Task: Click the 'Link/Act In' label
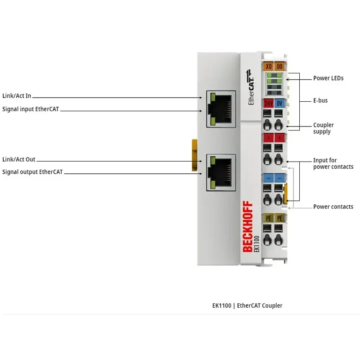pyautogui.click(x=17, y=96)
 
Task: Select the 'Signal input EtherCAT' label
pyautogui.click(x=31, y=109)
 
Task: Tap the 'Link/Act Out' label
pyautogui.click(x=18, y=159)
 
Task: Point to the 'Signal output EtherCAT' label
pyautogui.click(x=32, y=172)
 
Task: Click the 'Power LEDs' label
pyautogui.click(x=328, y=78)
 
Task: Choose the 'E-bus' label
pyautogui.click(x=320, y=100)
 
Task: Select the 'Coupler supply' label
pyautogui.click(x=323, y=128)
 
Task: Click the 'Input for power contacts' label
pyautogui.click(x=333, y=163)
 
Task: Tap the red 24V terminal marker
pyautogui.click(x=268, y=103)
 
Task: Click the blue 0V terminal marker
pyautogui.click(x=279, y=103)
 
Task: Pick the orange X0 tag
pyautogui.click(x=268, y=66)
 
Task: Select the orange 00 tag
pyautogui.click(x=279, y=66)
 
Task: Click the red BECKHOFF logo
pyautogui.click(x=247, y=227)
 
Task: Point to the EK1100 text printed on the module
pyautogui.click(x=256, y=244)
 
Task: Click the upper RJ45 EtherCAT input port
pyautogui.click(x=221, y=109)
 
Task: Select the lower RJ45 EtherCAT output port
pyautogui.click(x=221, y=173)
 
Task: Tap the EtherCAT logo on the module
pyautogui.click(x=250, y=87)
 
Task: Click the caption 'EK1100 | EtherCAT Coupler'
pyautogui.click(x=247, y=306)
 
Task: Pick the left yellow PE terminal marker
pyautogui.click(x=268, y=218)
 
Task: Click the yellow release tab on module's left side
pyautogui.click(x=194, y=155)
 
